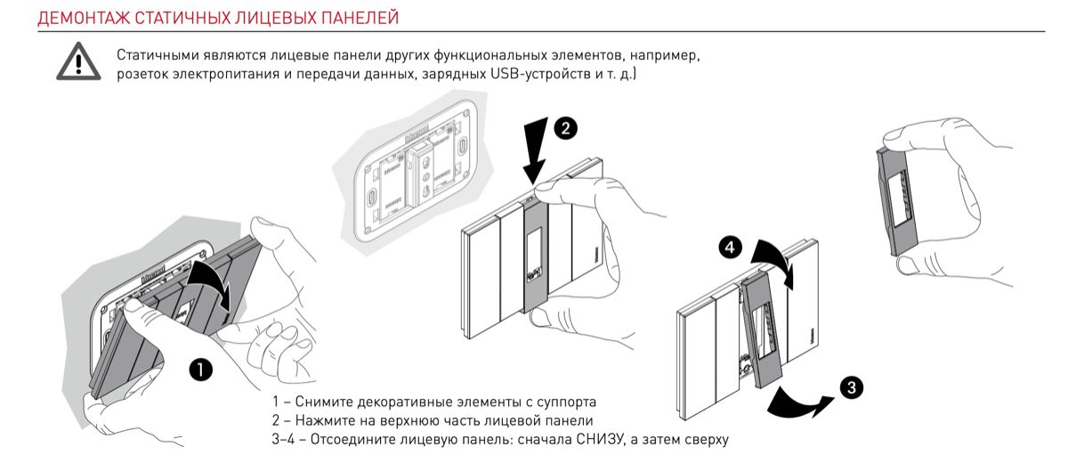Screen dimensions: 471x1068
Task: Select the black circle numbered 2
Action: [x=565, y=128]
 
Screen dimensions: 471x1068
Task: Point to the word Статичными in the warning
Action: [x=152, y=56]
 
